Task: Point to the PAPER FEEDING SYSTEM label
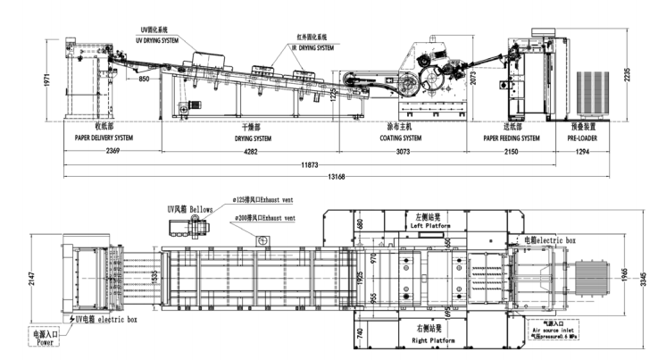click(512, 138)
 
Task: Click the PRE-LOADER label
click(582, 138)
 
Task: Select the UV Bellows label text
click(190, 208)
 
